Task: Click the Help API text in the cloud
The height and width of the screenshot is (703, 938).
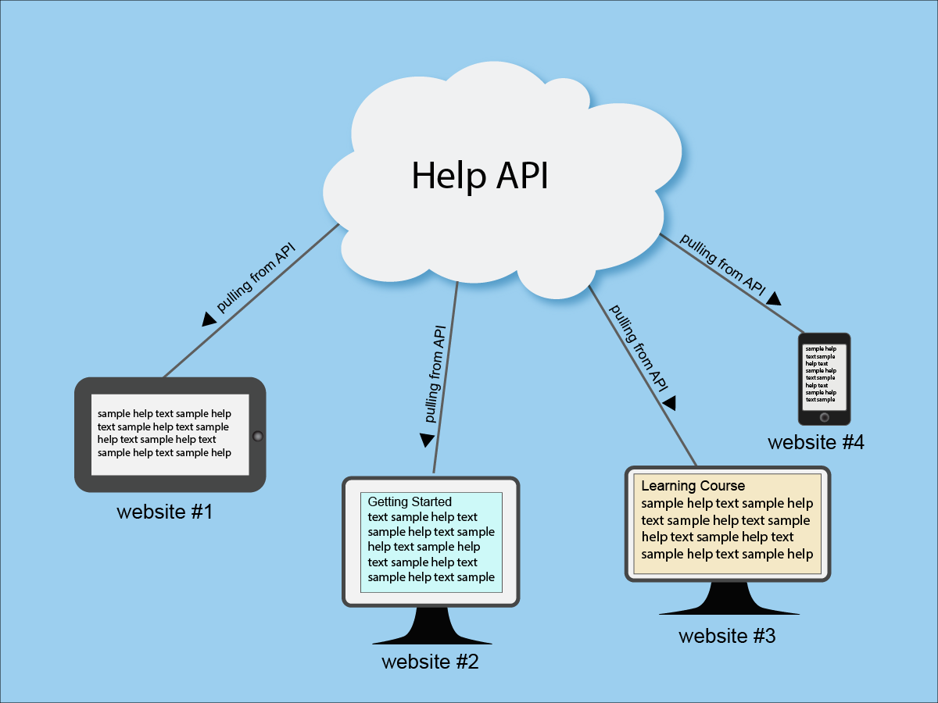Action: point(480,175)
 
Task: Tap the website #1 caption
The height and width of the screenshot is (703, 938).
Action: point(164,513)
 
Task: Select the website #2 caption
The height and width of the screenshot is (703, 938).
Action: point(430,662)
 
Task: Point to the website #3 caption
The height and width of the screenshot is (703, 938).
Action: point(727,636)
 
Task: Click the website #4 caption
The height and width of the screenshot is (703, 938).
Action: point(815,442)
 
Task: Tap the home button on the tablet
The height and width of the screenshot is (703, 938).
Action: point(257,436)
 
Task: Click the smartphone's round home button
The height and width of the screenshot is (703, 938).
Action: point(824,418)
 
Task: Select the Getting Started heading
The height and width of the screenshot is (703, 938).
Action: point(410,502)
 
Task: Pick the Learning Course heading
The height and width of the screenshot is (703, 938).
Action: point(693,486)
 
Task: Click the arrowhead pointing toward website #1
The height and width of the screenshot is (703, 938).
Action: point(209,318)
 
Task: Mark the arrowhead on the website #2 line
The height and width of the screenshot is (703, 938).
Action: point(427,440)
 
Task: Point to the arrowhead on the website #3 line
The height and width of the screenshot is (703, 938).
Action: point(669,403)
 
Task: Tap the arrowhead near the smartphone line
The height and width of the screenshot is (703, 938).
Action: point(774,298)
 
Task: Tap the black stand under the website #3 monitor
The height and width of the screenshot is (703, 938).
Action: point(729,600)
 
